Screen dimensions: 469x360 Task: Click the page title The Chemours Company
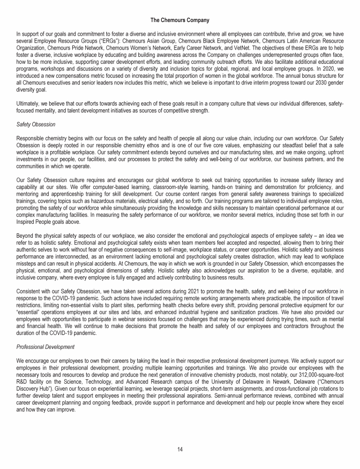[x=180, y=20]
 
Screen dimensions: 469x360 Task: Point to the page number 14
[x=180, y=449]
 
